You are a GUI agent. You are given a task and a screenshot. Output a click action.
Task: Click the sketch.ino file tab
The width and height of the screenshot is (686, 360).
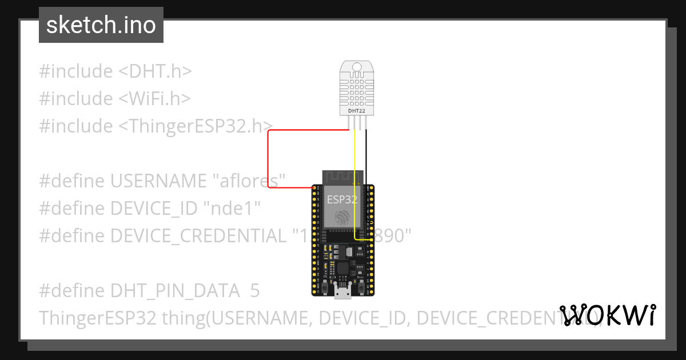coord(101,25)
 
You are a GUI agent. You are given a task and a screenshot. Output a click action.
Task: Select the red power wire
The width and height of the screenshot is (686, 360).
coord(269,154)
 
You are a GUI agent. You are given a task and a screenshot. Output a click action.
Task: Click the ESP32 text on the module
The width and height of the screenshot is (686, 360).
coord(342,199)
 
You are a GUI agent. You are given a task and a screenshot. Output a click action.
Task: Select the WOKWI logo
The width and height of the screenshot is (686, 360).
coord(607,315)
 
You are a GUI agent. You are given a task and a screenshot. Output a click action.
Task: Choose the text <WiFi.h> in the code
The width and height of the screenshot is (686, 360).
coord(154,99)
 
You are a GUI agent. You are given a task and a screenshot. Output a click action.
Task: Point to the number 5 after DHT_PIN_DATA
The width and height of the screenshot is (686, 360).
coord(255,291)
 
